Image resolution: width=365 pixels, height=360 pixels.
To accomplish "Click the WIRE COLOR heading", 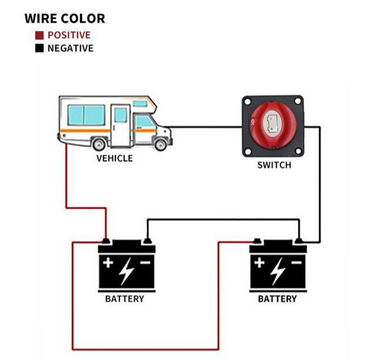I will pos(65,18).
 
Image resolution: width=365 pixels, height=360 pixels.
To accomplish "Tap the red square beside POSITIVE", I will pos(39,35).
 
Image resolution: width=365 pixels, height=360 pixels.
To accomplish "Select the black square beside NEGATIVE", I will pos(39,48).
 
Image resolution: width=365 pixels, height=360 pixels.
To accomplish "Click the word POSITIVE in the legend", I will pos(69,35).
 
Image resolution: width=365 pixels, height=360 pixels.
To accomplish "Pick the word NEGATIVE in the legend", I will pos(70,48).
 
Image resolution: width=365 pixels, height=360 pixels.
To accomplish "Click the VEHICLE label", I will pos(114,158).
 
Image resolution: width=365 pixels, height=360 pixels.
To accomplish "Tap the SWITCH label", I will pos(274,165).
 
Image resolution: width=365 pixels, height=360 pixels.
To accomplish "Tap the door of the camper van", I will pos(120,124).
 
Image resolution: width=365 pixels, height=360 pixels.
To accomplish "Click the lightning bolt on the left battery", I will pos(126,272).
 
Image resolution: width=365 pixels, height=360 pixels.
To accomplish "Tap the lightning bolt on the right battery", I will pos(278,272).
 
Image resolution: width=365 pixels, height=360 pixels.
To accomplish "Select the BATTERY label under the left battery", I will pos(124,299).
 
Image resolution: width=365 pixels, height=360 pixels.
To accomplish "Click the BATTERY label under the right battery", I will pos(277,299).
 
